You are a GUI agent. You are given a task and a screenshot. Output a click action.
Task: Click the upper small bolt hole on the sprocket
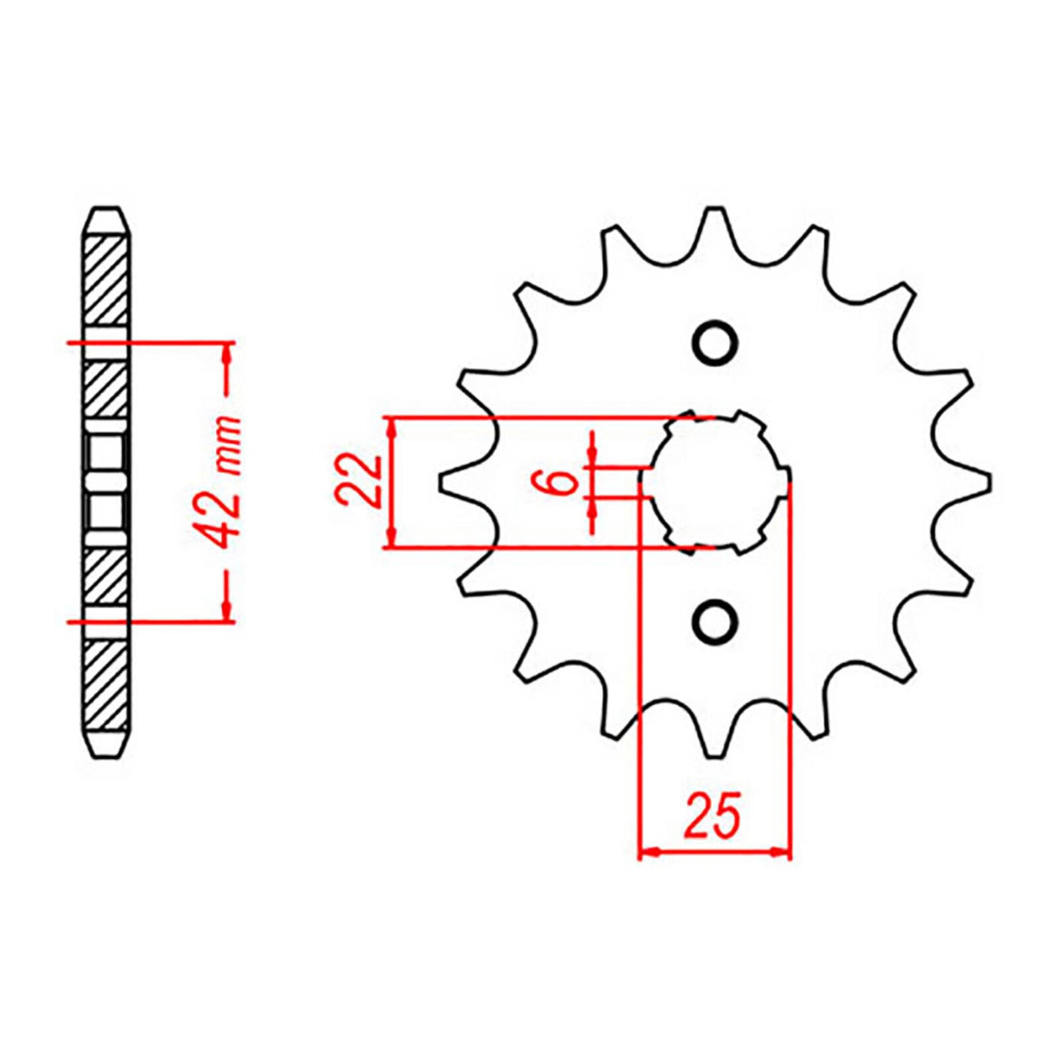(715, 343)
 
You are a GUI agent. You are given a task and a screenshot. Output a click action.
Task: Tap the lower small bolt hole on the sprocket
(715, 621)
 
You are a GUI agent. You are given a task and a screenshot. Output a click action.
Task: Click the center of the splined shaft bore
(714, 482)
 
